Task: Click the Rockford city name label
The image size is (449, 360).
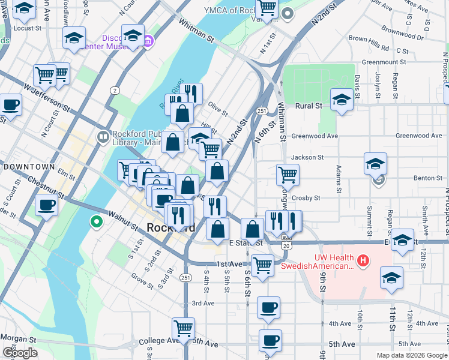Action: click(x=171, y=228)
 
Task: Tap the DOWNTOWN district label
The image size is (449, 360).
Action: click(x=28, y=166)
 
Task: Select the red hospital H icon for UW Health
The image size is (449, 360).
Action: click(x=363, y=260)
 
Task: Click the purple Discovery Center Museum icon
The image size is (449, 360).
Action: click(x=148, y=41)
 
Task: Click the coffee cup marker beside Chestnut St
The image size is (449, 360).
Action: click(x=46, y=205)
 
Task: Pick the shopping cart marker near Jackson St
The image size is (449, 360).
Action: click(x=288, y=175)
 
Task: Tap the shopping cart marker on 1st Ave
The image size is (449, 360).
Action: click(x=262, y=264)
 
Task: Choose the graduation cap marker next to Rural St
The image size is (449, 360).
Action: click(x=341, y=99)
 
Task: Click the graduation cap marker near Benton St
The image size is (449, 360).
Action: click(x=375, y=163)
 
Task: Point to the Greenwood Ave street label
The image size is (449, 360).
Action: click(x=315, y=136)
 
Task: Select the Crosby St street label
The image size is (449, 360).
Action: click(x=306, y=197)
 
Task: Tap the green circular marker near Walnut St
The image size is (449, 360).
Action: click(x=95, y=223)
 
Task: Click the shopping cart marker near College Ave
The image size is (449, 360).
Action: click(x=183, y=328)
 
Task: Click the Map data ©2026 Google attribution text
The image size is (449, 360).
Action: click(x=411, y=355)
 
